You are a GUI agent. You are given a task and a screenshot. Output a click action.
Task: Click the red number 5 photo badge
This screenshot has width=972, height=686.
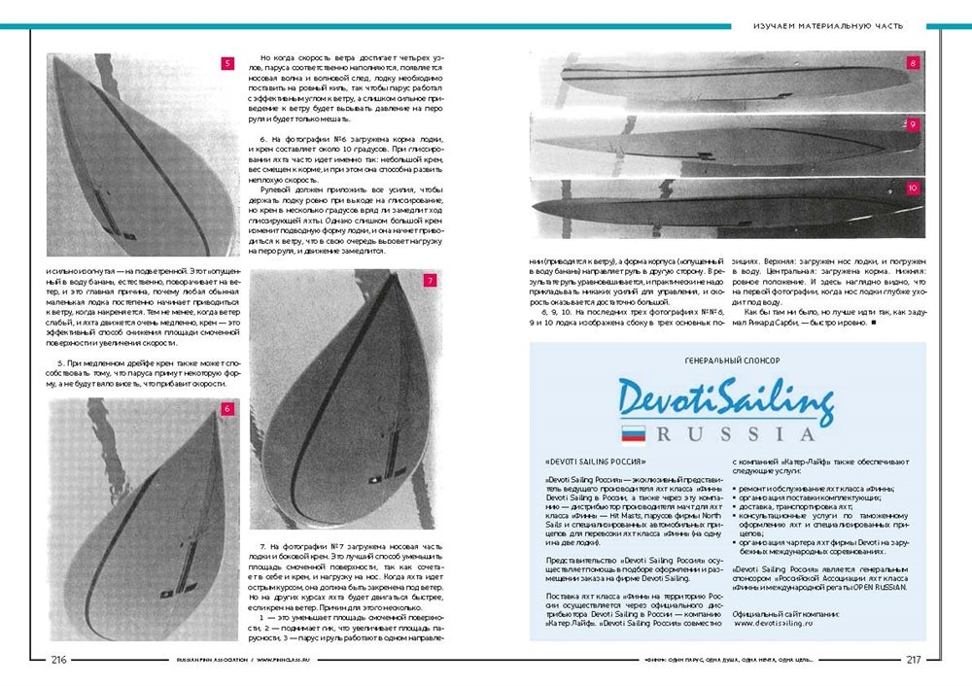pos(227,64)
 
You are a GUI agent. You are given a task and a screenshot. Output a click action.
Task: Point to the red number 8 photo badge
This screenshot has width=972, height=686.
pos(913,63)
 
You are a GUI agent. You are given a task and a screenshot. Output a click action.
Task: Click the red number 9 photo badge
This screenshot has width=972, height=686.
pos(913,124)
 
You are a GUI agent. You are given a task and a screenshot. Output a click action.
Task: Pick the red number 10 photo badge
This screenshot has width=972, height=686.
pos(913,188)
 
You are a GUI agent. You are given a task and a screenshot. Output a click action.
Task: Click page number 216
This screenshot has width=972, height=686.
pos(58,660)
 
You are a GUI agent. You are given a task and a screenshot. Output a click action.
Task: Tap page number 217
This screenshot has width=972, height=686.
pos(913,660)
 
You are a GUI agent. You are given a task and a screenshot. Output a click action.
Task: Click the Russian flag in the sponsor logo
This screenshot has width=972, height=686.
pos(634,433)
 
